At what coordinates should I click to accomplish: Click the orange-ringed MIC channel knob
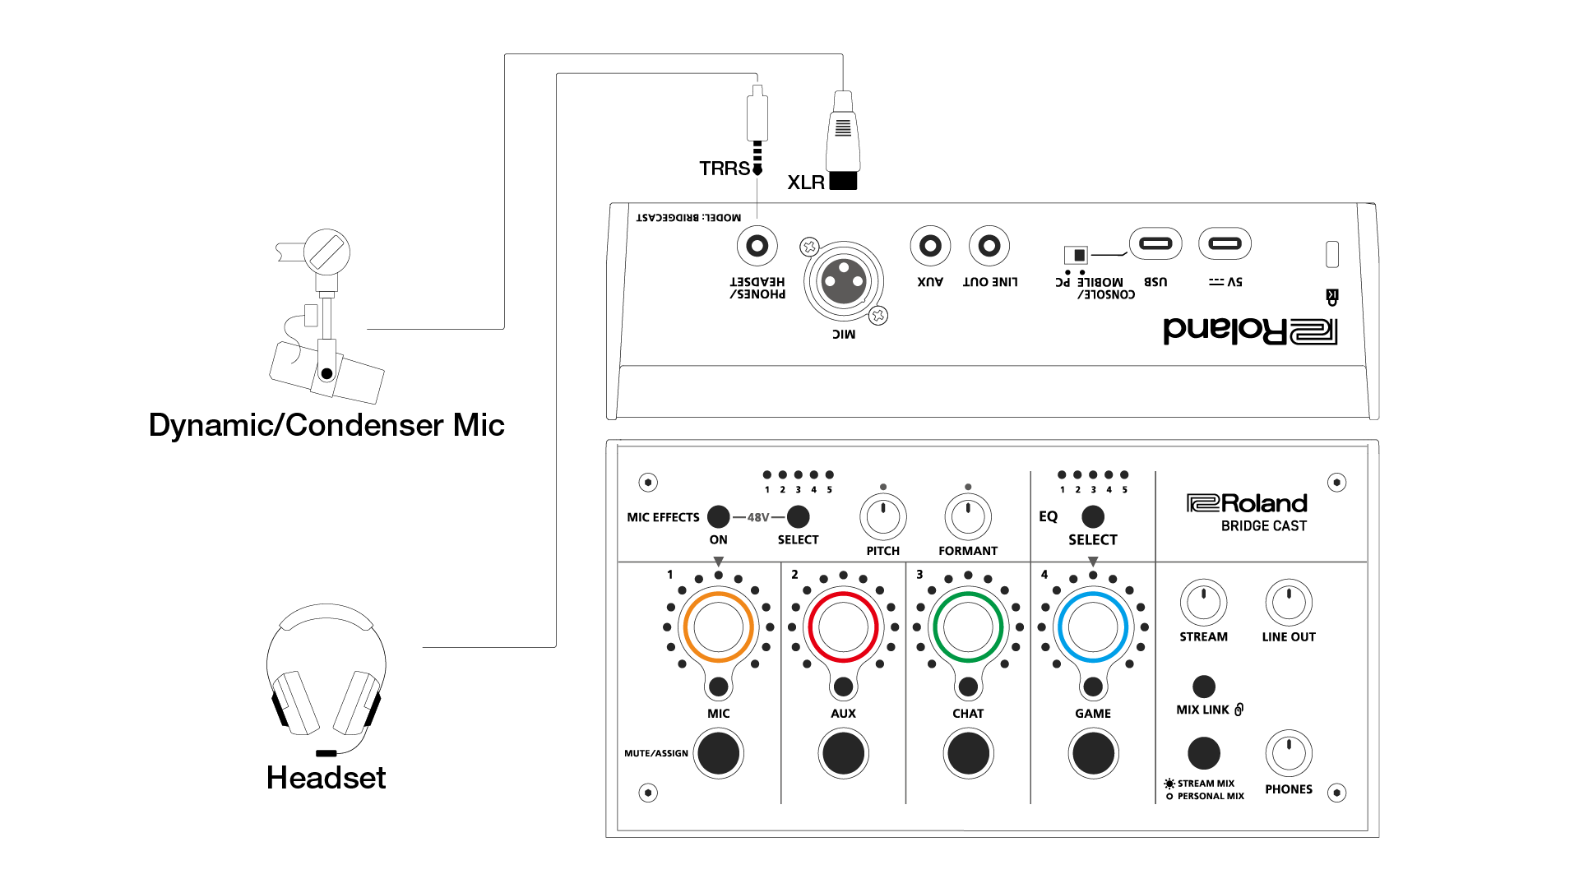pos(718,627)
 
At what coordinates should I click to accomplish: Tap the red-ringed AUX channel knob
pos(843,627)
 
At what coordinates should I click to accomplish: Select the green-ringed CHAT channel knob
pos(968,627)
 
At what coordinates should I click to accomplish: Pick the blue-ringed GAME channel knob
pos(1093,627)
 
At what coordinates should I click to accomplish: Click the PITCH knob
pos(883,517)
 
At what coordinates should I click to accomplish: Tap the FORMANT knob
pos(968,517)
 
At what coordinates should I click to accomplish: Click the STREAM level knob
pos(1203,603)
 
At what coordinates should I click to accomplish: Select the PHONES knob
pos(1289,753)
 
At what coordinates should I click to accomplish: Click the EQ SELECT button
pos(1093,516)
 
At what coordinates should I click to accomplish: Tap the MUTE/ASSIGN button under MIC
pos(718,753)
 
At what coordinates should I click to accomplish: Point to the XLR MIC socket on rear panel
pos(844,281)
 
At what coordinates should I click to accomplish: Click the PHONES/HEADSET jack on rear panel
pos(757,245)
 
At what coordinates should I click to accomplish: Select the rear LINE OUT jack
pos(989,245)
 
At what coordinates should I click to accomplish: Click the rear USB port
pos(1155,243)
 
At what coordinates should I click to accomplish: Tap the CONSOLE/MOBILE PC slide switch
pos(1076,255)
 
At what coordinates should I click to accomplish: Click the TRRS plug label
pos(725,169)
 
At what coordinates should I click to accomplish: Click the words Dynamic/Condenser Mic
pos(326,425)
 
